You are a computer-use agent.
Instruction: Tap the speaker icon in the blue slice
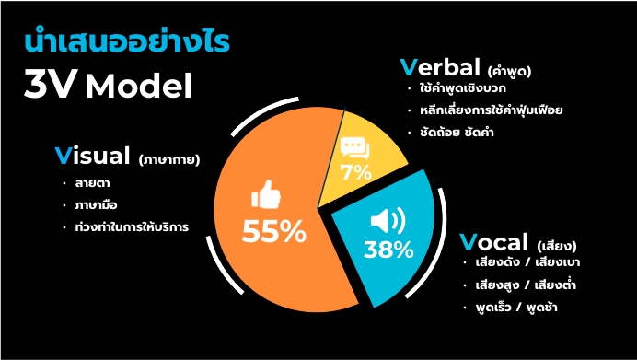(x=385, y=221)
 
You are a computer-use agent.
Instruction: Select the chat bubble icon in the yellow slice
(x=354, y=148)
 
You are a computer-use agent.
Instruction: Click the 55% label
(x=273, y=233)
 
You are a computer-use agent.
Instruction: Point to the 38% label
(x=388, y=249)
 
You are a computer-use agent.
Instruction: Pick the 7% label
(x=355, y=172)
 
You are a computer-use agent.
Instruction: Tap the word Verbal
(x=440, y=68)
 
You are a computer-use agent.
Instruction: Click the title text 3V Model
(x=109, y=87)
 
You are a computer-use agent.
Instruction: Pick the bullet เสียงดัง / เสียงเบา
(x=528, y=263)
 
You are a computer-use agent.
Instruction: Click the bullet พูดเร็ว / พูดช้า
(x=517, y=306)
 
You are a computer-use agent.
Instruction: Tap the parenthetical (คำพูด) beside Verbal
(x=511, y=71)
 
